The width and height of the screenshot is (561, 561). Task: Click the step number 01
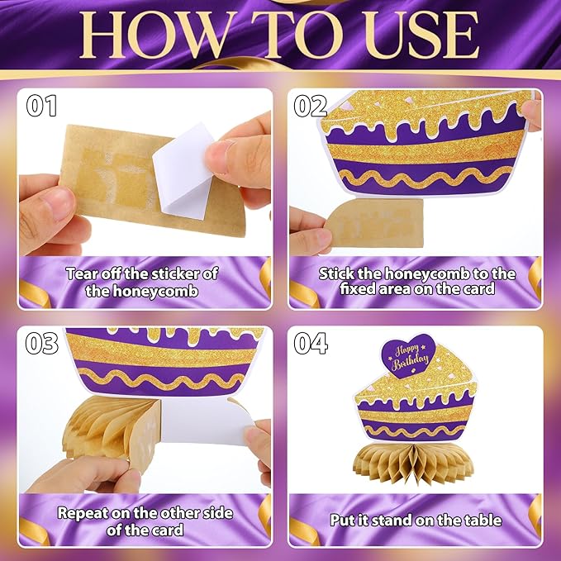click(41, 106)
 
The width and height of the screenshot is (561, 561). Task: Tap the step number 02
click(310, 106)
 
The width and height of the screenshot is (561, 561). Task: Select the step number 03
click(42, 343)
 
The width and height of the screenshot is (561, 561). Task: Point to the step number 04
click(311, 343)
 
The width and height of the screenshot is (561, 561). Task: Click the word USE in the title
click(421, 35)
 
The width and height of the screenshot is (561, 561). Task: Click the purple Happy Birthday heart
click(408, 355)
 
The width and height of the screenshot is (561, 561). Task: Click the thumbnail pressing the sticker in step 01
click(219, 152)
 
